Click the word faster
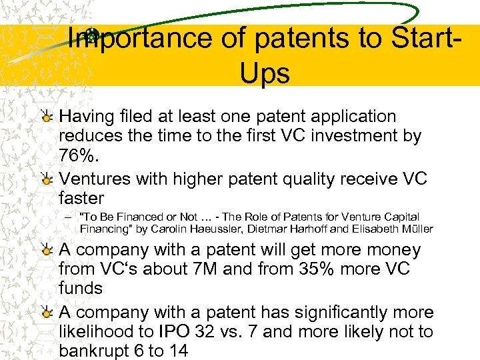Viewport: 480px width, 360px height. click(x=82, y=198)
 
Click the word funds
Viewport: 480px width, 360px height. click(x=81, y=289)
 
